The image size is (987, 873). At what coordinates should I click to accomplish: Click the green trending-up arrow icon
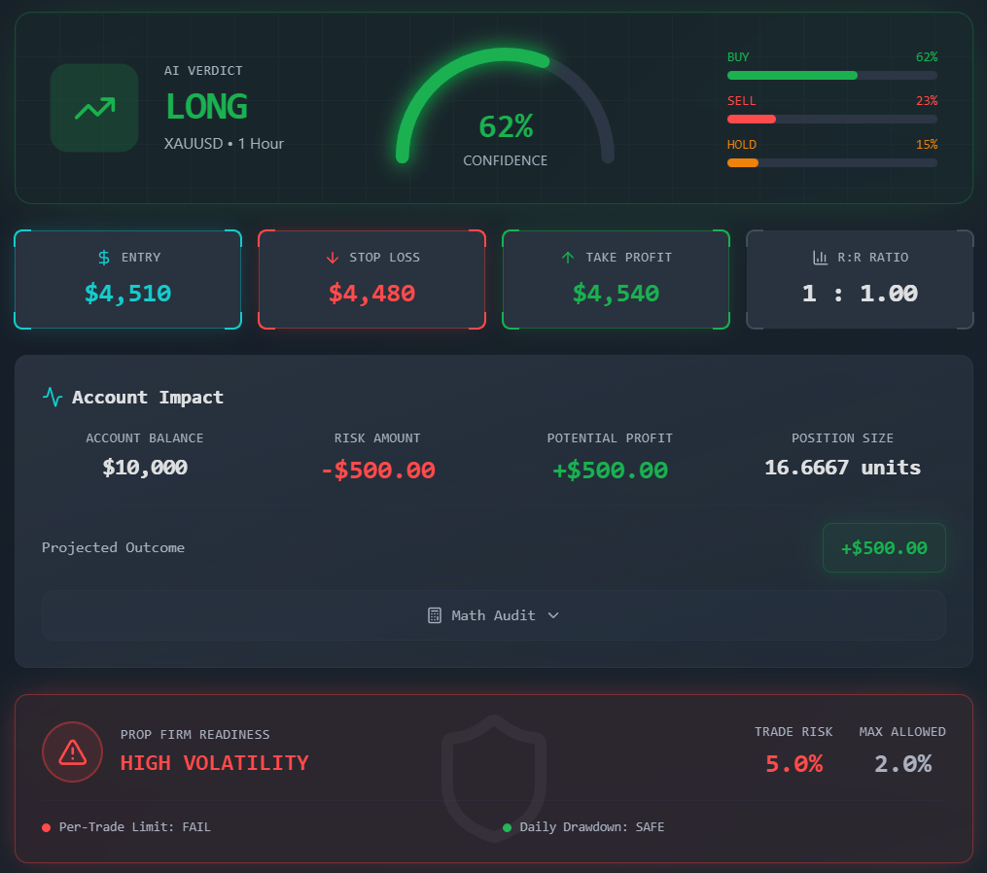(94, 108)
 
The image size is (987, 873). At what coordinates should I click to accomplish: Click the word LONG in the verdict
(206, 106)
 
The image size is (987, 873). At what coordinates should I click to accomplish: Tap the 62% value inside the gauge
(506, 126)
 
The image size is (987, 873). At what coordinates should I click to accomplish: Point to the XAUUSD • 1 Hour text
(224, 144)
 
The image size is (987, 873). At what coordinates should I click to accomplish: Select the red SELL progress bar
(752, 119)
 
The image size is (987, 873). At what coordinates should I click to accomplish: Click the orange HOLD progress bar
(743, 162)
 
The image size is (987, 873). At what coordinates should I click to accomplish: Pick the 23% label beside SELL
(926, 101)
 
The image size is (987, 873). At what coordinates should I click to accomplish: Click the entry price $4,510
(127, 293)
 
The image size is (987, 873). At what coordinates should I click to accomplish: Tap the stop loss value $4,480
(371, 293)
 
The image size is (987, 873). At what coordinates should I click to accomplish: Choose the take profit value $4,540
(616, 293)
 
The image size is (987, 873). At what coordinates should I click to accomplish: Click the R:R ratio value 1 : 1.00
(860, 293)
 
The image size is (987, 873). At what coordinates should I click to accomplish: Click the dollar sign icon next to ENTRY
(104, 258)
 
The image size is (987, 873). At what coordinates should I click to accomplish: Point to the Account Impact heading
(147, 397)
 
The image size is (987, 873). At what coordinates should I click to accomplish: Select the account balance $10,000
(145, 468)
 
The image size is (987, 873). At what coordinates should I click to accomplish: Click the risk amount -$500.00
(377, 471)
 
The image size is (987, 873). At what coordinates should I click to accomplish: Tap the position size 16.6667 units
(842, 468)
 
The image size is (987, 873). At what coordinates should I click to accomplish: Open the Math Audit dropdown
(494, 615)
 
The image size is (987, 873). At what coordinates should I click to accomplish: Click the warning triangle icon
(72, 751)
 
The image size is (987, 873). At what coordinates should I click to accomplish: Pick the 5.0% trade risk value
(793, 764)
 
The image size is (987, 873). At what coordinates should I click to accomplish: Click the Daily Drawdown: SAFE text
(591, 827)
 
